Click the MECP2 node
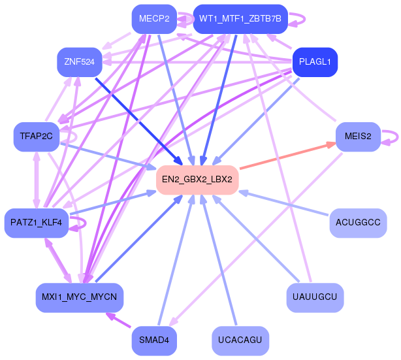coord(154,20)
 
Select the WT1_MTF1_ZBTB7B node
coord(240,19)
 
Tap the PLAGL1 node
coord(315,62)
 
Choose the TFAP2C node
coord(36,136)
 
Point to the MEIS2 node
coord(358,136)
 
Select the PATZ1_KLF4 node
coord(36,223)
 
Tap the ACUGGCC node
coord(358,223)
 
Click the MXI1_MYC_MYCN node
coord(79,297)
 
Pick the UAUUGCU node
coord(315,297)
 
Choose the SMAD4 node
coord(154,340)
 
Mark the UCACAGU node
coord(240,340)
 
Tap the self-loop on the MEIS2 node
coord(390,137)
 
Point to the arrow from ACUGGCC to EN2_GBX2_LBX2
coord(284,203)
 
